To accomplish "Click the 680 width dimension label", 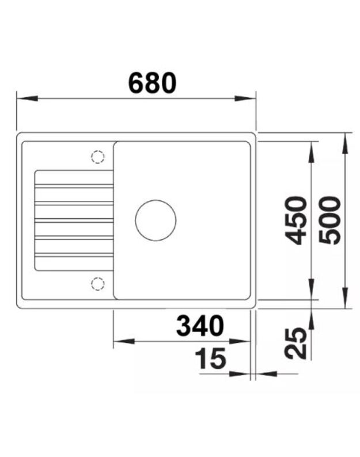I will tap(152, 83).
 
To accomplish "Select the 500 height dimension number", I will tap(329, 220).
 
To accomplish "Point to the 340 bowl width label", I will tap(199, 326).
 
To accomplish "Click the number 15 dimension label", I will tap(210, 359).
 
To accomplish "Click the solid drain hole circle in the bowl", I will tap(156, 220).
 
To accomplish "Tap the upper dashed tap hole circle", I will tap(97, 157).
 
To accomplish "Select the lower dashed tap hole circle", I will tap(97, 283).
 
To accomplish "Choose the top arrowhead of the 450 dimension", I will tap(312, 151).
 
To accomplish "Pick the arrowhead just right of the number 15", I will tap(238, 374).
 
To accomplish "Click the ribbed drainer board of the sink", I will tap(74, 220).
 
